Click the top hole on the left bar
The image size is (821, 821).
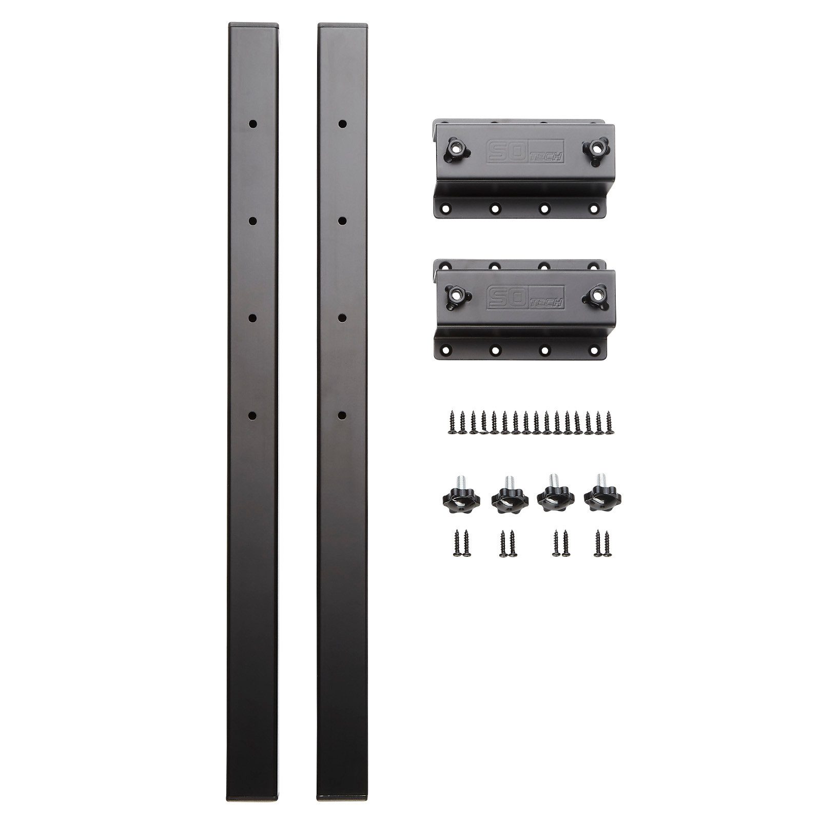252,124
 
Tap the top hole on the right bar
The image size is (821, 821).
342,124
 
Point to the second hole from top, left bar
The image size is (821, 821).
252,221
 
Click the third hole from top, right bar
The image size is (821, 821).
342,318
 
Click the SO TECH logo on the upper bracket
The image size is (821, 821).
524,152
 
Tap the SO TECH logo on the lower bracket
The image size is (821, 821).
524,297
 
